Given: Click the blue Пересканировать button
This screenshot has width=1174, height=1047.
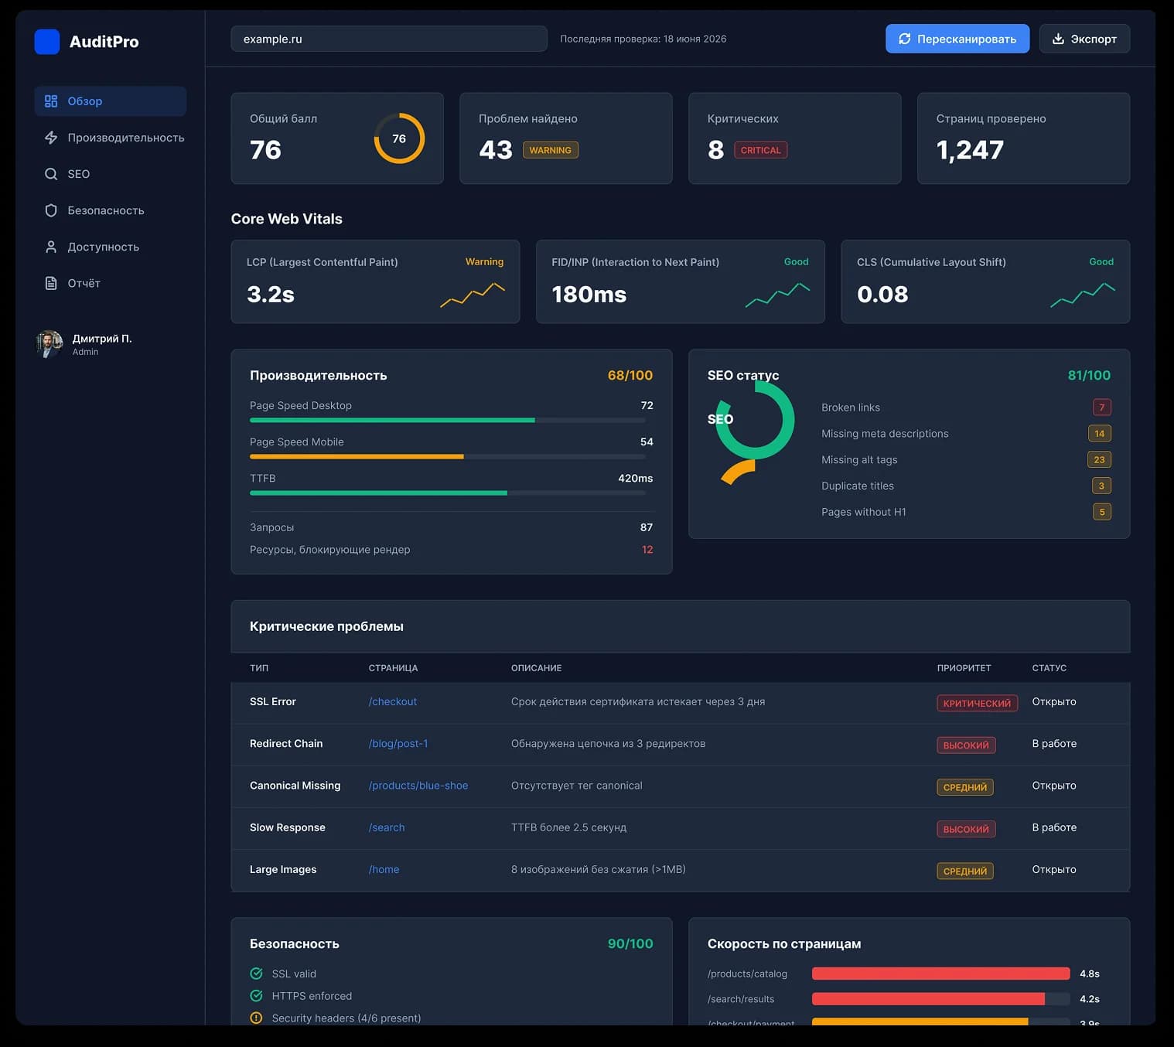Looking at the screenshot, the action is pyautogui.click(x=957, y=39).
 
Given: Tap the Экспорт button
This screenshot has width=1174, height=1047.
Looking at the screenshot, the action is pyautogui.click(x=1084, y=39).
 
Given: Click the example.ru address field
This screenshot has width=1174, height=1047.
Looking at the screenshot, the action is pyautogui.click(x=389, y=39).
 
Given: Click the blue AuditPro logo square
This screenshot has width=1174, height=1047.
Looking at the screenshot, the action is pyautogui.click(x=47, y=42).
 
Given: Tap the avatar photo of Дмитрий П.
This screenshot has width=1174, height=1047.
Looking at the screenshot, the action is pyautogui.click(x=49, y=344).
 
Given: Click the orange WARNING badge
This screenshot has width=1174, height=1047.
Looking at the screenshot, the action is pyautogui.click(x=550, y=150).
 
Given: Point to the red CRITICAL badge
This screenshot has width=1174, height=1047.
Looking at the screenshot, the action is pyautogui.click(x=760, y=150).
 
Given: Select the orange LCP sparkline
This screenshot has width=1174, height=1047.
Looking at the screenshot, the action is pyautogui.click(x=473, y=295).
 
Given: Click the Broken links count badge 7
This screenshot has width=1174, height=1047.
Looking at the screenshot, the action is pyautogui.click(x=1101, y=408).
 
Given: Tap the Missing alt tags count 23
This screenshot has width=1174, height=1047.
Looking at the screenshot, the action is pyautogui.click(x=1099, y=459).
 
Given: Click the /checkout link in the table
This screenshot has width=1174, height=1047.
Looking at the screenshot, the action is pyautogui.click(x=392, y=701).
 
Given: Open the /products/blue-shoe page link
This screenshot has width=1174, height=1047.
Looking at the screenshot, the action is pyautogui.click(x=418, y=786).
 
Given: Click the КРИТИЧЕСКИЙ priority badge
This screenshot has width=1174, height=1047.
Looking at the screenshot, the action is pyautogui.click(x=977, y=704).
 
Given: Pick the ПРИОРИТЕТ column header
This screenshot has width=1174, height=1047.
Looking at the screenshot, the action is pyautogui.click(x=964, y=668).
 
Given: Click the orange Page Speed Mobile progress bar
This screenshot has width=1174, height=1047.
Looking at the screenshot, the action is pyautogui.click(x=357, y=456).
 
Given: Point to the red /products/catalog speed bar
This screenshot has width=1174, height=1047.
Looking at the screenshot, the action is pyautogui.click(x=940, y=974).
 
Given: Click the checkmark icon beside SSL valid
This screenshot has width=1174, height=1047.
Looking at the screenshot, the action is pyautogui.click(x=256, y=974).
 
